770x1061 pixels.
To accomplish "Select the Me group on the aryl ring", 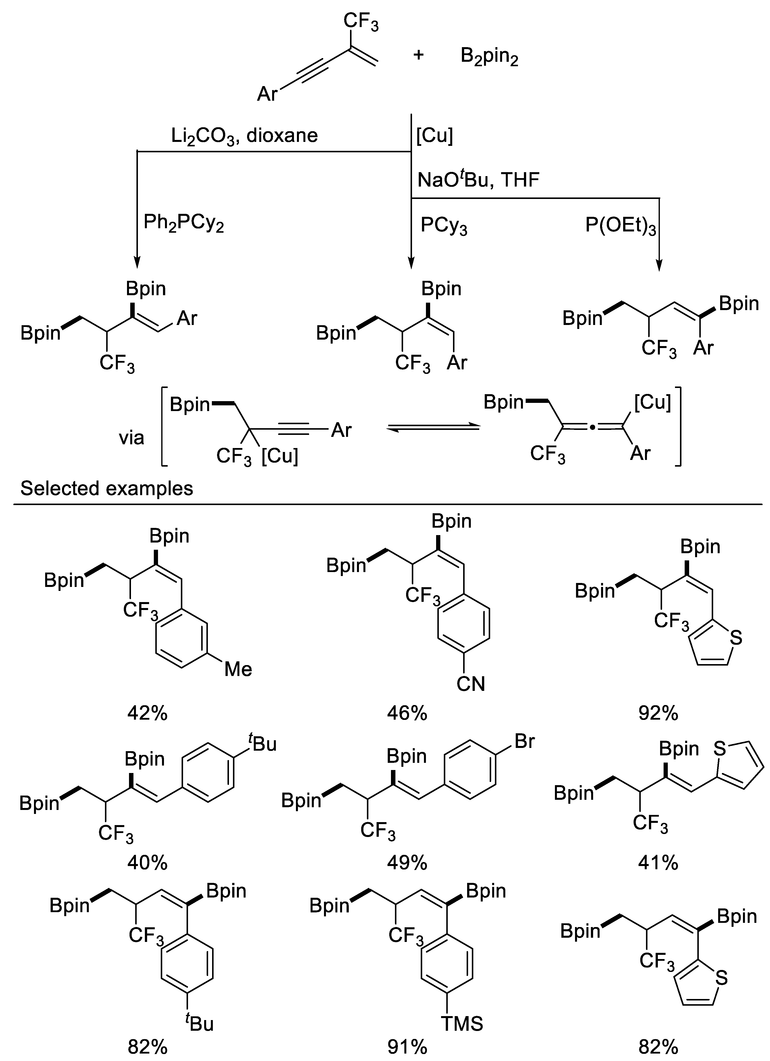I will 238,670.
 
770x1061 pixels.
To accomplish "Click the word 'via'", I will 131,438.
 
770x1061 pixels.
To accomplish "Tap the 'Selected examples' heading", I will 107,488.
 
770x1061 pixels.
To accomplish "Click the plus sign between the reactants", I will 418,55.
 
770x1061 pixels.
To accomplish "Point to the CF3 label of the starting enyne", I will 361,22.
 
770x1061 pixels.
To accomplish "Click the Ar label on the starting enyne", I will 267,94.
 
